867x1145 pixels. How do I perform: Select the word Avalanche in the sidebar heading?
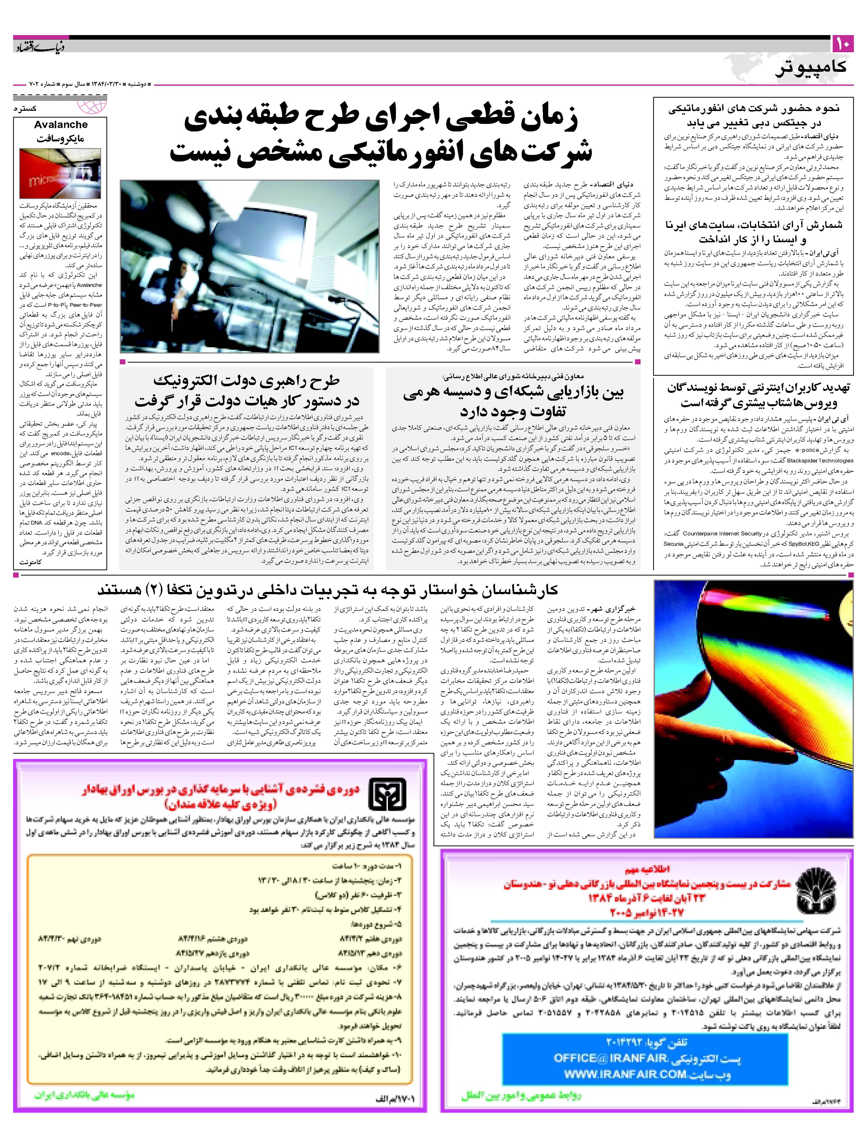point(61,125)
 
